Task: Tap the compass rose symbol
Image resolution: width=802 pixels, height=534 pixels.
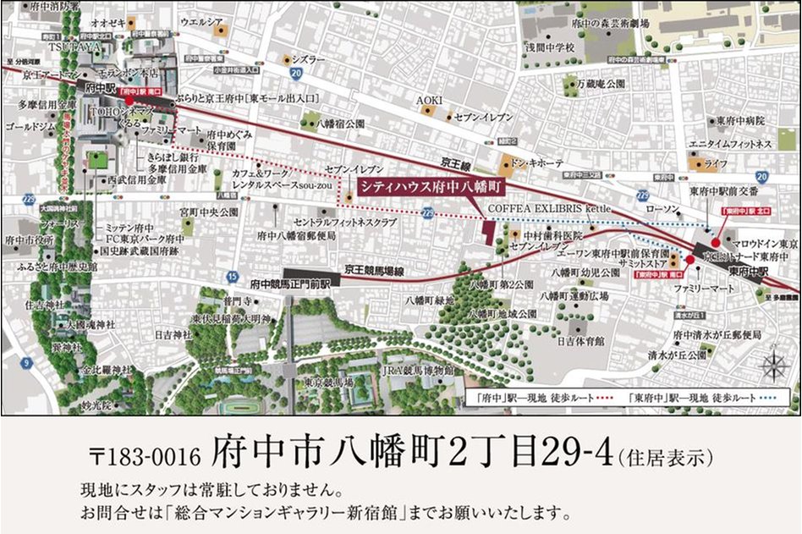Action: [774, 366]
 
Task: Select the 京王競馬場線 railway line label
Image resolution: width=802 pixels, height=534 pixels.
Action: [373, 268]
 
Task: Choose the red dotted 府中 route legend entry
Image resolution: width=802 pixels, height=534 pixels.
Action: [530, 397]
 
